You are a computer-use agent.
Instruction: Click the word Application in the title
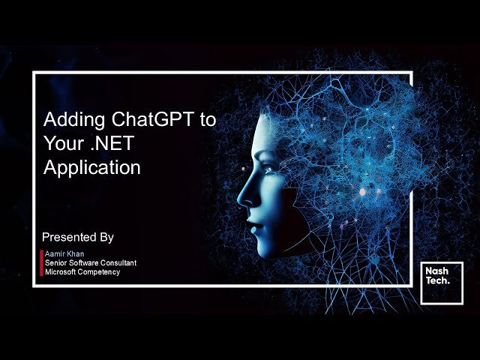tap(91, 167)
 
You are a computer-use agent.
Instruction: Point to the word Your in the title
tap(61, 143)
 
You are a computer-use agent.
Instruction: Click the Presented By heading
tap(78, 237)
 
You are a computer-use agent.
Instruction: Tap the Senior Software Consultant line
tap(90, 263)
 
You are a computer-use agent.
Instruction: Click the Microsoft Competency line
tap(82, 271)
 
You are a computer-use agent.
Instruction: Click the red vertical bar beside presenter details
tap(41, 263)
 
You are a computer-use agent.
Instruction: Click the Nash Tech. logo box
tap(441, 283)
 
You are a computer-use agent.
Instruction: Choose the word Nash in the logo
tap(436, 271)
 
